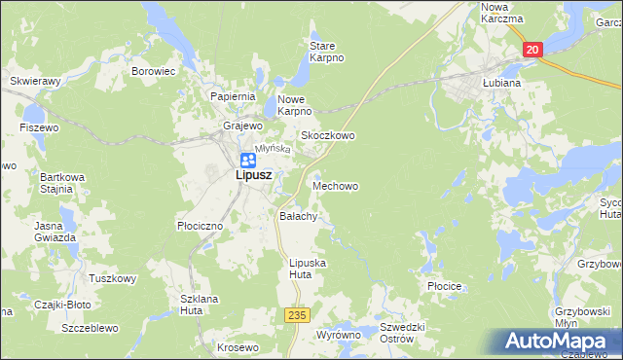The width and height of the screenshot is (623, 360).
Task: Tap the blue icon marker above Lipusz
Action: click(x=247, y=159)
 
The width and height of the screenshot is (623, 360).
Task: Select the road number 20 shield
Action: click(x=531, y=50)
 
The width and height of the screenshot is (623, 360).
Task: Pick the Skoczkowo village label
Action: click(x=327, y=136)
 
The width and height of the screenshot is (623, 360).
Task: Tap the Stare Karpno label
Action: click(x=327, y=52)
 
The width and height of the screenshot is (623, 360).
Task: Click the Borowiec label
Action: click(x=153, y=71)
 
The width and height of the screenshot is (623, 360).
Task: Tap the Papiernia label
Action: click(x=233, y=96)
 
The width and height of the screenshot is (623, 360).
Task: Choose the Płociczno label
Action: click(x=201, y=225)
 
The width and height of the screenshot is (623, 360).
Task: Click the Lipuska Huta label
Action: click(x=308, y=269)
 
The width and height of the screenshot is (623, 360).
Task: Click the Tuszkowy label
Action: click(x=112, y=278)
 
